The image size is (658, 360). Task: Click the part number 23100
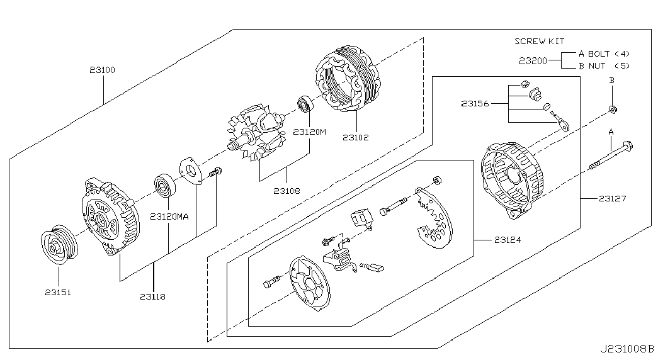pos(102,70)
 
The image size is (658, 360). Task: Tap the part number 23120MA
pos(169,217)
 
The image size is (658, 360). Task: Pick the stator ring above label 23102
pos(347,80)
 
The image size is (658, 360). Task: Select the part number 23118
pos(153,296)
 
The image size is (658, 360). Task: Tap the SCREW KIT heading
pos(539,41)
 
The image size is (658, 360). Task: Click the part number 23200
pos(533,61)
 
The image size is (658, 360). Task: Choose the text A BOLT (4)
pos(604,53)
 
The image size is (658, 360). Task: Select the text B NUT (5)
pos(604,66)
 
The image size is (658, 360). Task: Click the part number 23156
pos(475,103)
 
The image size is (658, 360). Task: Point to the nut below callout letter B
pos(613,110)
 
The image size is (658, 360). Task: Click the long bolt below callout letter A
pos(611,157)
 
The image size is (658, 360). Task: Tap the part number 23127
pos(612,198)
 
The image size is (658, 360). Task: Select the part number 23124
pos(508,240)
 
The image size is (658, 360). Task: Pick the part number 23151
pos(58,293)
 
